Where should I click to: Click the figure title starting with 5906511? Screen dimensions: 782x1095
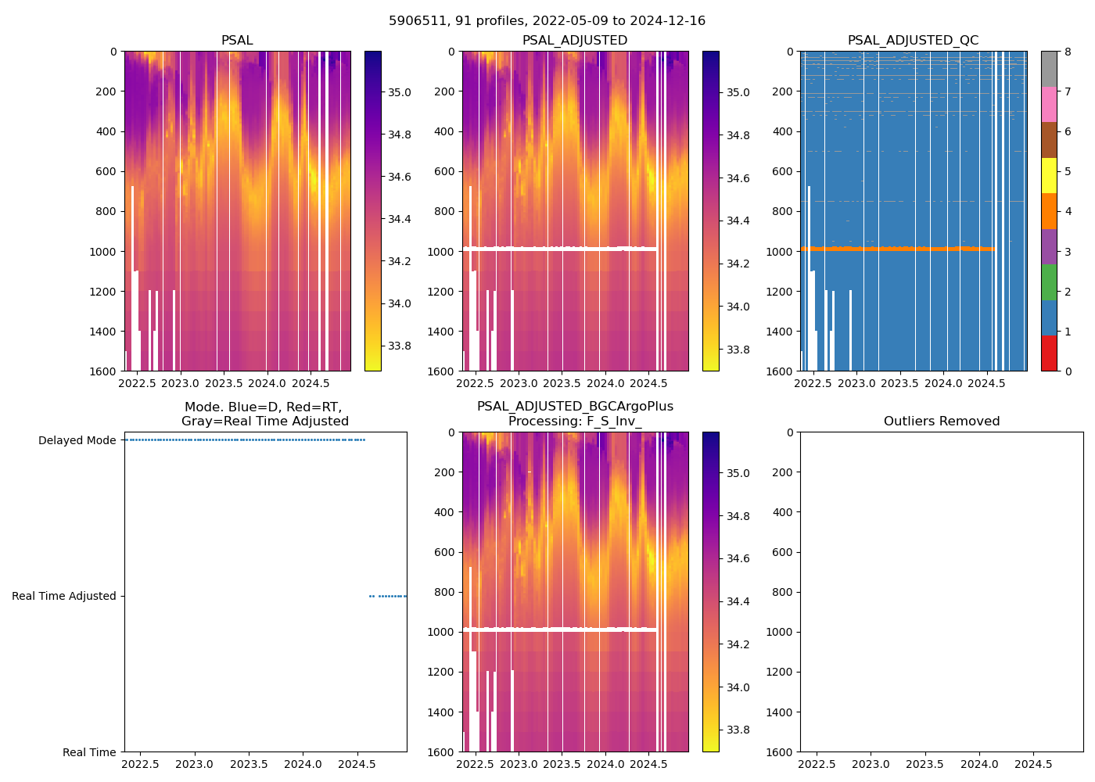[x=547, y=21]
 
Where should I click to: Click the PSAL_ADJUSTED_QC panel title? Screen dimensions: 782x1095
[x=913, y=41]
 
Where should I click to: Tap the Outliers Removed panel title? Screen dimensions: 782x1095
[x=941, y=421]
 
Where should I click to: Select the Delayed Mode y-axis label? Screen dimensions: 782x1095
[x=77, y=440]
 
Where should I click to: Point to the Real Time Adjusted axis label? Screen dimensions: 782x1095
[x=64, y=596]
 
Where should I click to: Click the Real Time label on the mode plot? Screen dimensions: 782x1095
[x=89, y=752]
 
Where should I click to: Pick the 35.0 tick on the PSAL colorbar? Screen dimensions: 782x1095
[x=400, y=92]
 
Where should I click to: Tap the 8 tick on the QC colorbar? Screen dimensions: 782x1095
[x=1067, y=52]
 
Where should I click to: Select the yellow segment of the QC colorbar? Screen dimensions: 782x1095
[x=1049, y=175]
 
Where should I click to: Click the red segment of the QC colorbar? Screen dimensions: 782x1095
[x=1049, y=353]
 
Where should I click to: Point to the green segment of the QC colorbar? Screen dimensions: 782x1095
[x=1049, y=282]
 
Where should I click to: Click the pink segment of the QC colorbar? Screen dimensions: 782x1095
[x=1049, y=104]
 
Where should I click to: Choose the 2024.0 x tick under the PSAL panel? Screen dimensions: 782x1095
[x=267, y=383]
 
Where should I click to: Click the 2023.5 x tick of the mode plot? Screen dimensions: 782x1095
[x=249, y=764]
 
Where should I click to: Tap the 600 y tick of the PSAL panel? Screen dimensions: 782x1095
[x=106, y=171]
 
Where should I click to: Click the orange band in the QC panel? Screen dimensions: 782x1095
[x=892, y=249]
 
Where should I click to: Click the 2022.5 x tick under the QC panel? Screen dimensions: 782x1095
[x=813, y=383]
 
